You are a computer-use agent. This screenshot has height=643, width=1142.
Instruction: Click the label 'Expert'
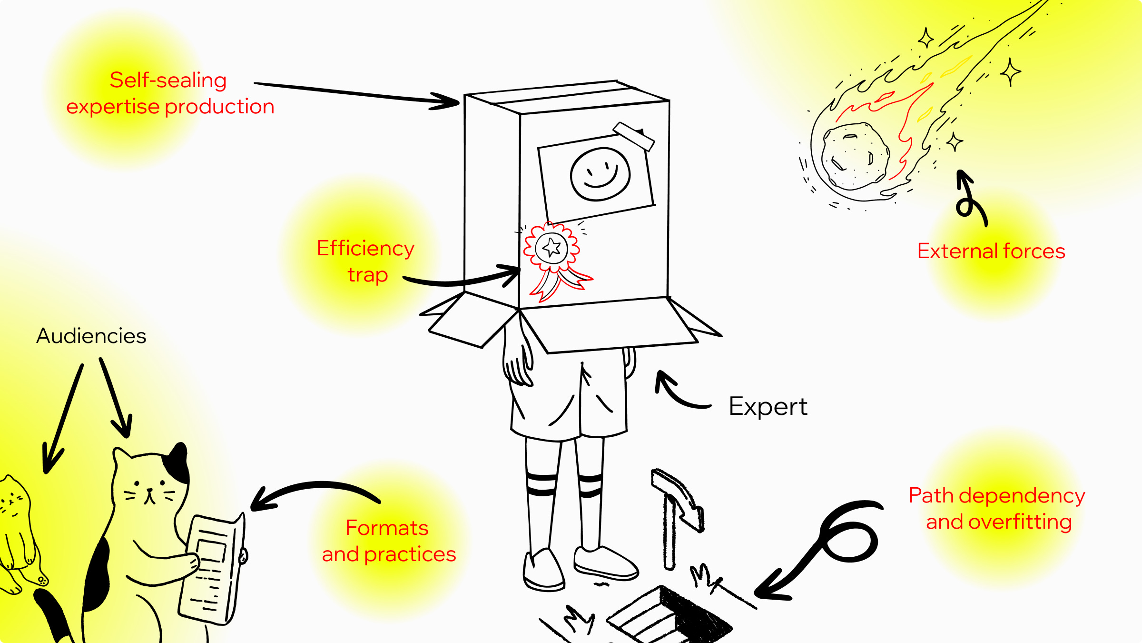pyautogui.click(x=768, y=407)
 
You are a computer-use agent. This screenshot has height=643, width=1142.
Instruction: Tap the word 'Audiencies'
pyautogui.click(x=91, y=336)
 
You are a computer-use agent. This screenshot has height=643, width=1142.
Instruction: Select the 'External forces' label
pyautogui.click(x=991, y=251)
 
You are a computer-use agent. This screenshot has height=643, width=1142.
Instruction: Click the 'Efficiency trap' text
pyautogui.click(x=366, y=261)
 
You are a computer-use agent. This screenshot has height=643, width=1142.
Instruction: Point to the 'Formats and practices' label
pyautogui.click(x=389, y=541)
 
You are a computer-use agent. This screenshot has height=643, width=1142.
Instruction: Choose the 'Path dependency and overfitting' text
pyautogui.click(x=997, y=509)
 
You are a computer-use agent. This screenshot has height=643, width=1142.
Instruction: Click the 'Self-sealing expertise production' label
pyautogui.click(x=170, y=93)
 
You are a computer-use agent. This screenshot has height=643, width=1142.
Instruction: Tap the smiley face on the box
pyautogui.click(x=600, y=174)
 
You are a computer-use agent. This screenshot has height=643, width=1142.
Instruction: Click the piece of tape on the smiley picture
pyautogui.click(x=634, y=136)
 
